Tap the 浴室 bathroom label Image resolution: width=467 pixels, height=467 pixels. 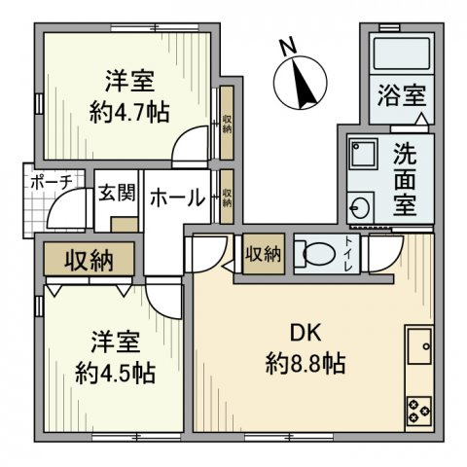click(x=402, y=97)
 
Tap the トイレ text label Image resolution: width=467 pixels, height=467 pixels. click(x=349, y=252)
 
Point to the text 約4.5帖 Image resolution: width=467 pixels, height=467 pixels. click(x=116, y=371)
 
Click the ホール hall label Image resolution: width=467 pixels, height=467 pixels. click(x=176, y=198)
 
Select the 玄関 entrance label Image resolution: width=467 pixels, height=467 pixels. click(x=117, y=192)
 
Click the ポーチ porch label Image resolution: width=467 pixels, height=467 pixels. click(x=48, y=182)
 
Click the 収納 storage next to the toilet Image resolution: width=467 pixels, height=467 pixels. click(x=263, y=254)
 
